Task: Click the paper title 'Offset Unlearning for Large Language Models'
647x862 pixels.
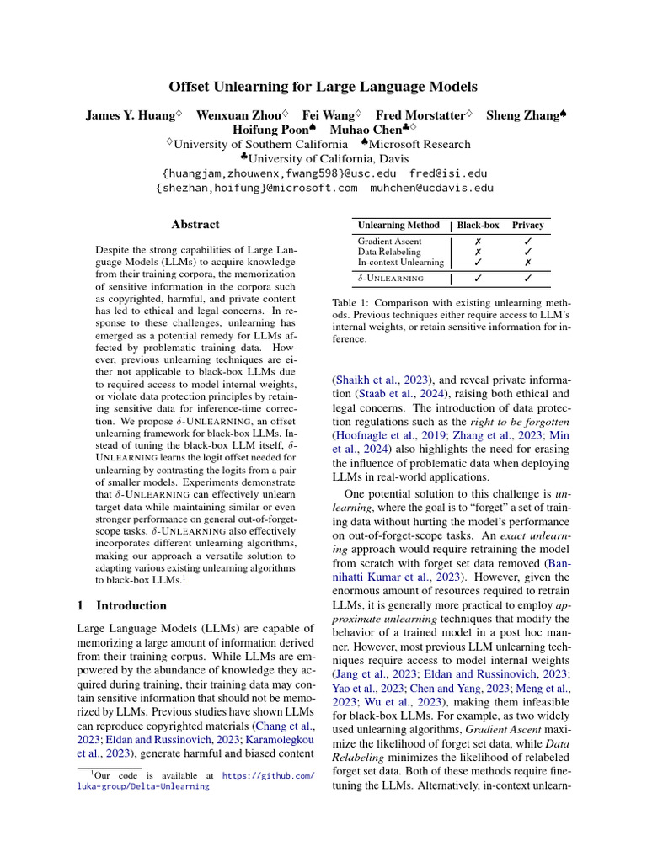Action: pyautogui.click(x=323, y=87)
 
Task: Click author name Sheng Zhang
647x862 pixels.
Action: pyautogui.click(x=522, y=114)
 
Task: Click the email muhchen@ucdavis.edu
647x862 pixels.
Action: pyautogui.click(x=432, y=188)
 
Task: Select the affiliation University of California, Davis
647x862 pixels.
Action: pyautogui.click(x=329, y=157)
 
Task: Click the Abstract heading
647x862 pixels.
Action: pyautogui.click(x=195, y=225)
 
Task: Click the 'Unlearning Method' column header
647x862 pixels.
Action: pyautogui.click(x=398, y=226)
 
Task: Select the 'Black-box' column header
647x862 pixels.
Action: pyautogui.click(x=478, y=226)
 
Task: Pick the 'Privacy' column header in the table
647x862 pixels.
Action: pyautogui.click(x=527, y=226)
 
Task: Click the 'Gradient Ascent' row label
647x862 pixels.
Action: pyautogui.click(x=390, y=241)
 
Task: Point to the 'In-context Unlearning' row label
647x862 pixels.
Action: pyautogui.click(x=401, y=263)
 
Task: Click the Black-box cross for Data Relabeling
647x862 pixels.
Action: pyautogui.click(x=478, y=252)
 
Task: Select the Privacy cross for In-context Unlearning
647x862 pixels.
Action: pyautogui.click(x=527, y=263)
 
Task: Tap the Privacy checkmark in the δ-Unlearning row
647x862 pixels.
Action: pyautogui.click(x=527, y=278)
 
